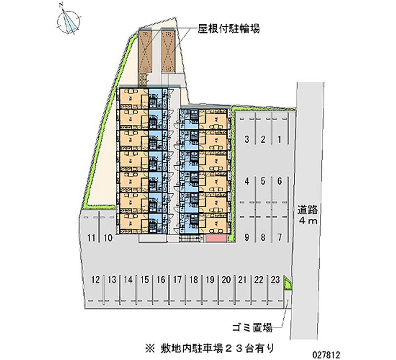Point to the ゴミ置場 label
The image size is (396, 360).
point(252,327)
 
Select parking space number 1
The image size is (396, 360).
point(280,140)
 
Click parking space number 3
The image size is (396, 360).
point(247,140)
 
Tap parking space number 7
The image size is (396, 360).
point(280,237)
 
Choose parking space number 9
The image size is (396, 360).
point(247,237)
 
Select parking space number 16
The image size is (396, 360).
point(160,280)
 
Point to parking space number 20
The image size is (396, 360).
point(226,280)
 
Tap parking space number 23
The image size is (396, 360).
point(276,280)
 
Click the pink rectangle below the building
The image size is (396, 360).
point(216,239)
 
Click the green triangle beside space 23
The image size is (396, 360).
point(287,284)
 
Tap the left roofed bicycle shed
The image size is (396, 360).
point(146,51)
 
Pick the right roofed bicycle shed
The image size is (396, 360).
point(168,51)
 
